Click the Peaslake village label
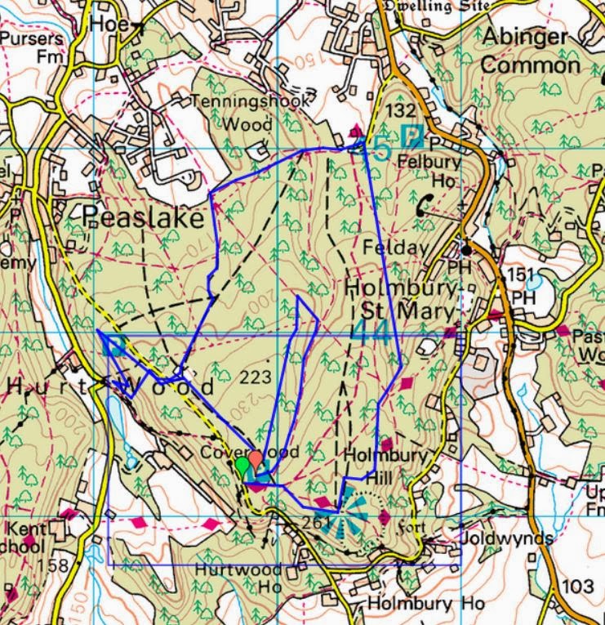click(143, 219)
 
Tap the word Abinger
click(524, 37)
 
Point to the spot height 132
click(401, 110)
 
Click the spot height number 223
click(256, 377)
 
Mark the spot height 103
click(578, 587)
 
